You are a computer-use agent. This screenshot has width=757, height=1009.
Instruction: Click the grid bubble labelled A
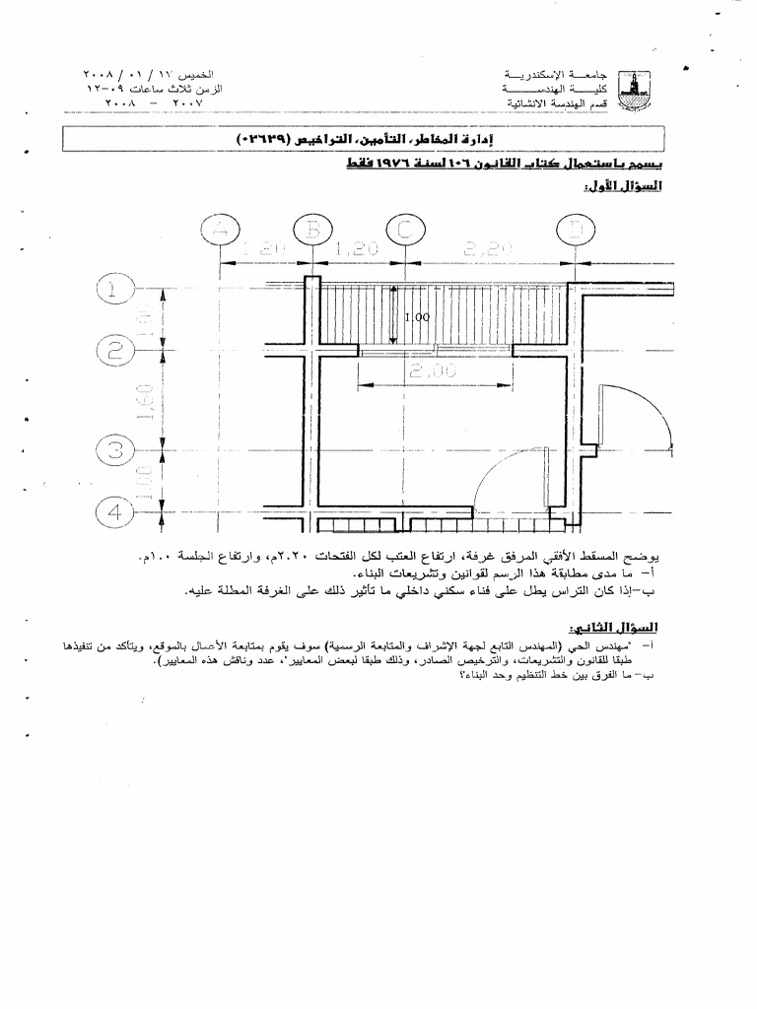(x=219, y=231)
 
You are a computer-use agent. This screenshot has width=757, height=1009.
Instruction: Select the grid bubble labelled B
(x=311, y=231)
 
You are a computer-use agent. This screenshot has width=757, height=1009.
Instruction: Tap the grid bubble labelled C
(x=404, y=231)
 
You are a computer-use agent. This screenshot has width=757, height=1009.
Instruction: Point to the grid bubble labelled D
(x=574, y=231)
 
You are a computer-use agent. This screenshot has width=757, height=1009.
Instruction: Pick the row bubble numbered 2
(x=114, y=351)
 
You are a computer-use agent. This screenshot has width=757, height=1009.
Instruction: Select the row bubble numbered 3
(x=114, y=451)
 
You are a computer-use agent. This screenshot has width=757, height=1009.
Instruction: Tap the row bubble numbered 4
(x=114, y=512)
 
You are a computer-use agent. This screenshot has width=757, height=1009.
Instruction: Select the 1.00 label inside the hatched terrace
(x=418, y=318)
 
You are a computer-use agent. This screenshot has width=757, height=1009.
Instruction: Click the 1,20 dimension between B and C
(x=357, y=250)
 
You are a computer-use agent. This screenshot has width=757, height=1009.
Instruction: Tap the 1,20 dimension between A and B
(x=264, y=250)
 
